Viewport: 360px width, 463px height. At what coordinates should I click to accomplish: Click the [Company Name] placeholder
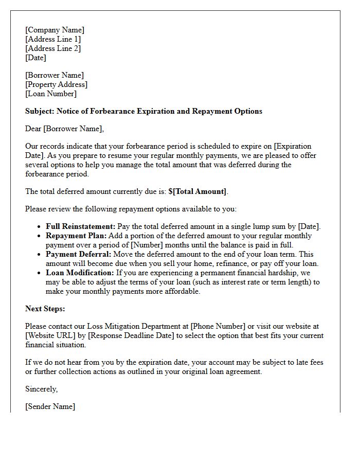pyautogui.click(x=55, y=30)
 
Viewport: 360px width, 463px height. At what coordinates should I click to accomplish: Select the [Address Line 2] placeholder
pyautogui.click(x=53, y=49)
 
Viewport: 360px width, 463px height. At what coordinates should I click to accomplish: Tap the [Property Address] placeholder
pyautogui.click(x=56, y=84)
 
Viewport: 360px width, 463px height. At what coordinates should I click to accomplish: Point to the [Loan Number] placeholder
pyautogui.click(x=51, y=94)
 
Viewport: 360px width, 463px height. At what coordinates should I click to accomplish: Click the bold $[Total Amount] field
pyautogui.click(x=197, y=191)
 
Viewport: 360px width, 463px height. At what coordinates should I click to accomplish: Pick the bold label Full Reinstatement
pyautogui.click(x=81, y=226)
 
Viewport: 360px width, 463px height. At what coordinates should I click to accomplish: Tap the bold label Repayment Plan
pyautogui.click(x=76, y=236)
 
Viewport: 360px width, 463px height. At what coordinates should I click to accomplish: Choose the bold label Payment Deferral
pyautogui.click(x=78, y=254)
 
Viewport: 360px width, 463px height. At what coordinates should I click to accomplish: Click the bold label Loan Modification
pyautogui.click(x=80, y=273)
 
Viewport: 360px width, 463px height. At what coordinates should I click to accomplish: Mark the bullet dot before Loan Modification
pyautogui.click(x=40, y=273)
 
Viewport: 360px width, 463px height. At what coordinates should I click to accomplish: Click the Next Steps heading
pyautogui.click(x=45, y=309)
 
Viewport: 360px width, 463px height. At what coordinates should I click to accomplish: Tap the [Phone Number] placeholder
pyautogui.click(x=218, y=326)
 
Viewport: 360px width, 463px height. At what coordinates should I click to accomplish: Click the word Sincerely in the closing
pyautogui.click(x=41, y=389)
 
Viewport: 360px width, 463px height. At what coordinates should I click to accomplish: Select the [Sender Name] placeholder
pyautogui.click(x=50, y=406)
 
